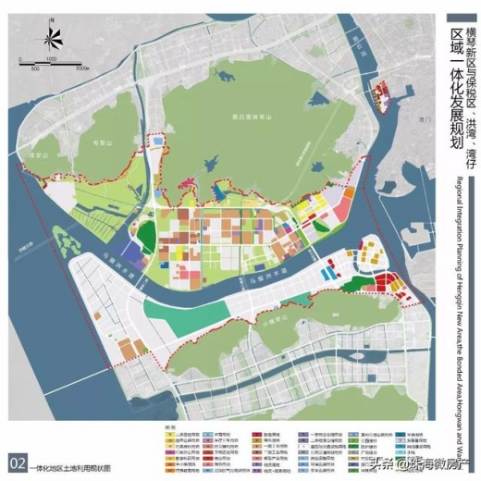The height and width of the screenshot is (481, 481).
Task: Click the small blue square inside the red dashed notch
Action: point(158,141)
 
